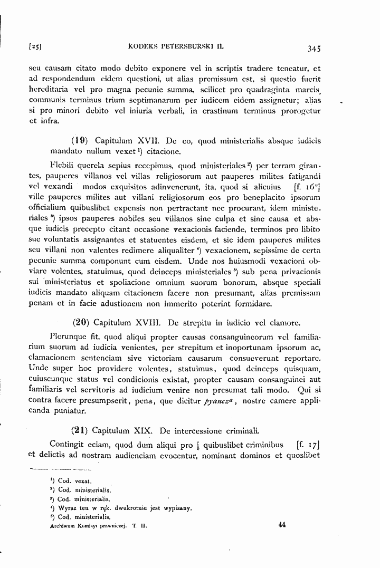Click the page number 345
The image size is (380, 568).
tap(313, 49)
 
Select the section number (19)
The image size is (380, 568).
tap(79, 141)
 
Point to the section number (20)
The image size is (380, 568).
tap(80, 322)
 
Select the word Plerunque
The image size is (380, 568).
tap(66, 336)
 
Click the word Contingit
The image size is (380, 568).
tap(68, 443)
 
